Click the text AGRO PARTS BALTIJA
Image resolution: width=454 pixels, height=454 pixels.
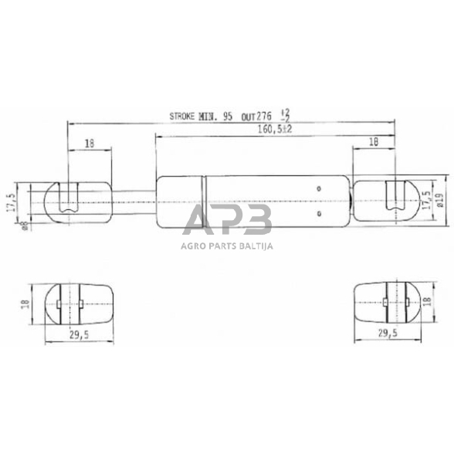tap(227, 246)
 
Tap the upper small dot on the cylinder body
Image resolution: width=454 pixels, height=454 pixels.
tap(318, 188)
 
